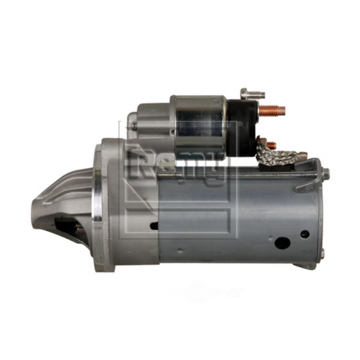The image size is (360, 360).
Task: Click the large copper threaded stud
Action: (272, 110)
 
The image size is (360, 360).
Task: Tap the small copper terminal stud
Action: (271, 145)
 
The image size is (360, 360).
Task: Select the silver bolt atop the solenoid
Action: (253, 94)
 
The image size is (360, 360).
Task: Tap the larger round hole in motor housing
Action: (283, 242)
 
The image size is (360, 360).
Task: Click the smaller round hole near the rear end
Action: (305, 234)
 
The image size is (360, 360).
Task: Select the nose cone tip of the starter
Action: (37, 214)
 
